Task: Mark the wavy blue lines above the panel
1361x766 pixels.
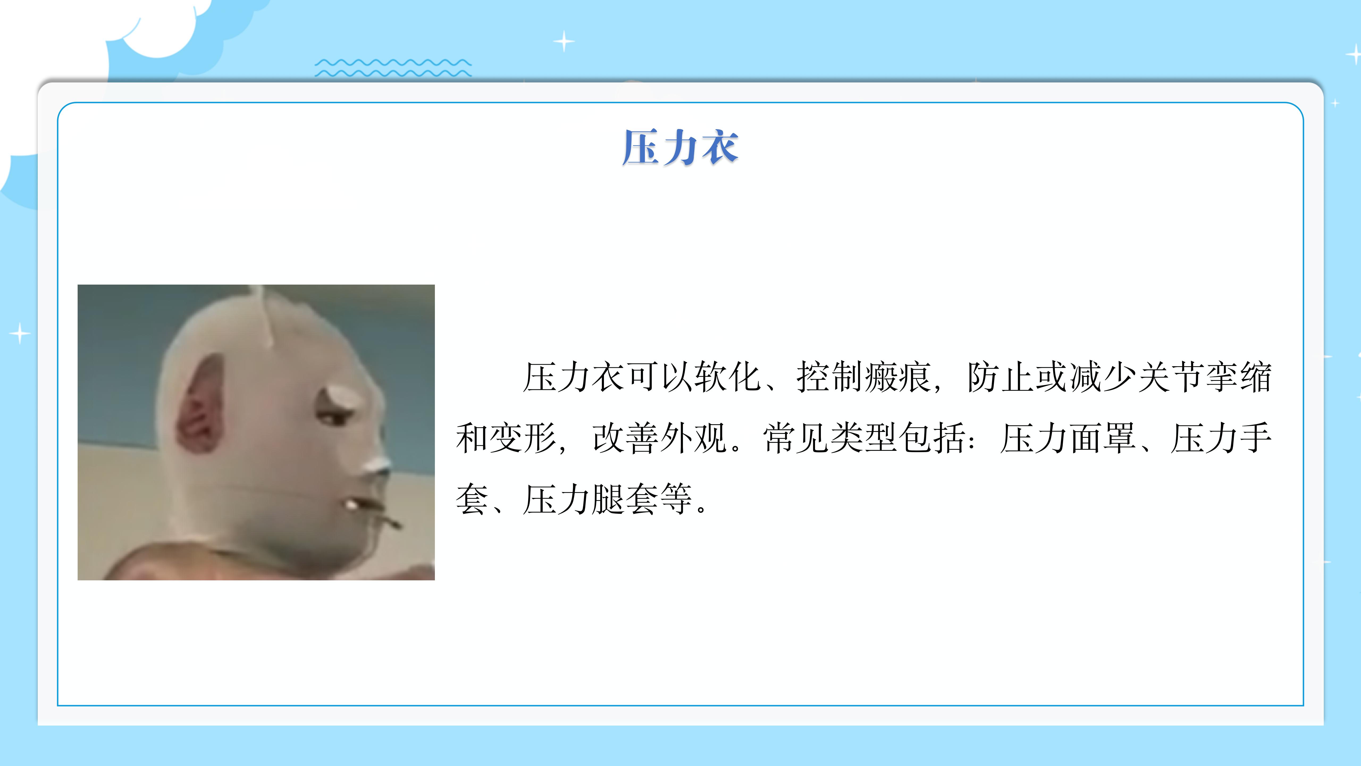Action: point(393,68)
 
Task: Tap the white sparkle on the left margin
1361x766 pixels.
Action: point(20,333)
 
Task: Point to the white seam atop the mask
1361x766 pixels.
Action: point(264,315)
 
